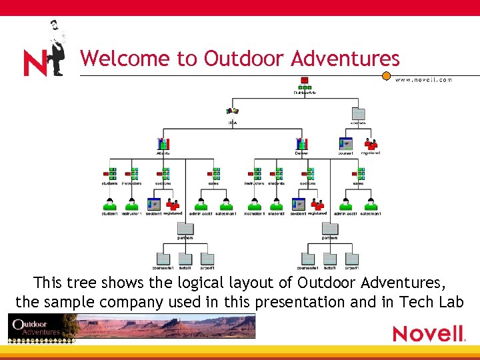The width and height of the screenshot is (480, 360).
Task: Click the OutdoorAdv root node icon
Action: [305, 83]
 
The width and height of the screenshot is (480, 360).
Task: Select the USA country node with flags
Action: [233, 113]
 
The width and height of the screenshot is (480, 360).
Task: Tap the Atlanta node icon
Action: [163, 144]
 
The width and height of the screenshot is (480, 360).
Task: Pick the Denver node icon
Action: [301, 144]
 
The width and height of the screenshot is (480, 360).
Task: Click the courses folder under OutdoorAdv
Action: [359, 114]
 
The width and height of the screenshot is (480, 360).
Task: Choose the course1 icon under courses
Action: [345, 144]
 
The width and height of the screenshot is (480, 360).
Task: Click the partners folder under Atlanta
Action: [185, 229]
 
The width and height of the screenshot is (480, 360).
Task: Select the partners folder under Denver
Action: [329, 229]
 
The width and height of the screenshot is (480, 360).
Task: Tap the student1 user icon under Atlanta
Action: [109, 205]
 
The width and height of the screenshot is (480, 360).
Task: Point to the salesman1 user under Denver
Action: [370, 205]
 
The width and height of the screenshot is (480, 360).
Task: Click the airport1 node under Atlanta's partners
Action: [207, 259]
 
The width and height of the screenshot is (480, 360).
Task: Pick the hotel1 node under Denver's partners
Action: [329, 259]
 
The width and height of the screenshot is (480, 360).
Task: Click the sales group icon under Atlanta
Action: [214, 175]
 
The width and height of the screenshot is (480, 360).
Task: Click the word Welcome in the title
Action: [125, 59]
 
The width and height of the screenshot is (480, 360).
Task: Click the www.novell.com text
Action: [423, 80]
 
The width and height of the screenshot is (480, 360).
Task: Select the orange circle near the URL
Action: [386, 76]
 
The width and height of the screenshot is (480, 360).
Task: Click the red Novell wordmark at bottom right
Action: [427, 333]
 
